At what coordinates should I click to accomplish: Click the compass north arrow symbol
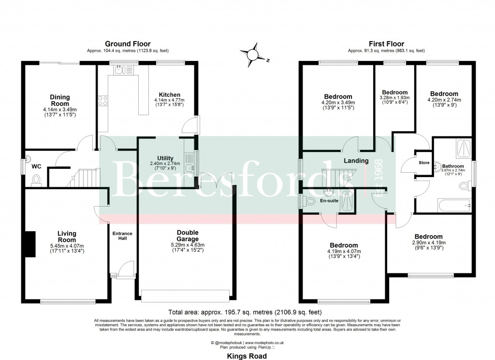(252, 55)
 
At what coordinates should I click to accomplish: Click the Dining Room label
(59, 100)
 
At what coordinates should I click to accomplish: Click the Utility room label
(165, 158)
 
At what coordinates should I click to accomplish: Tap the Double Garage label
(188, 236)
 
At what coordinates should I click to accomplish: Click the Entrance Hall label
(122, 237)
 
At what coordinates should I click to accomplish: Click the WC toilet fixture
(35, 180)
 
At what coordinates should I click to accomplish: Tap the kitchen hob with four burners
(103, 101)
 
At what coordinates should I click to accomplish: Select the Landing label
(356, 161)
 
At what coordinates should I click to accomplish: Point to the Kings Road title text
(247, 355)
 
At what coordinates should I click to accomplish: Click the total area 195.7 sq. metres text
(244, 312)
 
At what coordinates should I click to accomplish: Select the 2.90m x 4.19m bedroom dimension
(428, 242)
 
